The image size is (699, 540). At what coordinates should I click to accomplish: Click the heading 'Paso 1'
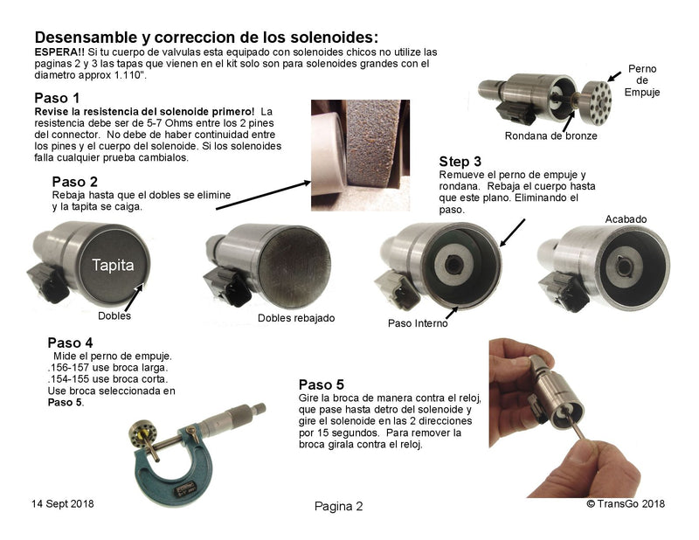pos(57,97)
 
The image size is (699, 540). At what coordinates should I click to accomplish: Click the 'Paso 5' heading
pos(322,384)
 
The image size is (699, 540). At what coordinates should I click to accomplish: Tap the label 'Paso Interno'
pos(417,322)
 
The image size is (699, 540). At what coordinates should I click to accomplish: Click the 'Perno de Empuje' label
pos(642,80)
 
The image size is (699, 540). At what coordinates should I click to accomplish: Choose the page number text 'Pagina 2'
pos(337,506)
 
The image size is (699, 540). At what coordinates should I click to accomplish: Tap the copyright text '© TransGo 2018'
pos(626,504)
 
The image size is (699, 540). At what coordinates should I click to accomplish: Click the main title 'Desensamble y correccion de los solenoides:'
pos(206,38)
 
